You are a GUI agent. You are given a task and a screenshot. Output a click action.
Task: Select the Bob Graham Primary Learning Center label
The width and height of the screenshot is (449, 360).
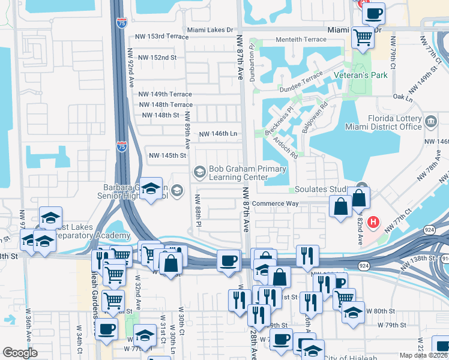[x=238, y=173]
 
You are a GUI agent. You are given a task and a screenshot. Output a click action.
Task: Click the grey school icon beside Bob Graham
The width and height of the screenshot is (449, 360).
[x=199, y=173]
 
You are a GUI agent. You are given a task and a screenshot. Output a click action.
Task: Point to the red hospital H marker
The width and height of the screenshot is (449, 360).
[x=373, y=223]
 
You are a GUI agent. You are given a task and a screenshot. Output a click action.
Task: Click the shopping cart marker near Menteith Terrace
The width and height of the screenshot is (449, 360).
[x=363, y=37]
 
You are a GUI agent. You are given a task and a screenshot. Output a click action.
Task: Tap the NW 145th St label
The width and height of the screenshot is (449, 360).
[x=167, y=155]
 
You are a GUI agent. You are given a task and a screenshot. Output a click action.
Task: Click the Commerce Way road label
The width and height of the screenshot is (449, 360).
[x=275, y=203]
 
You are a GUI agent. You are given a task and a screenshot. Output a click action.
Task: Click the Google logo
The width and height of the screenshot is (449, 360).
[x=20, y=353]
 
